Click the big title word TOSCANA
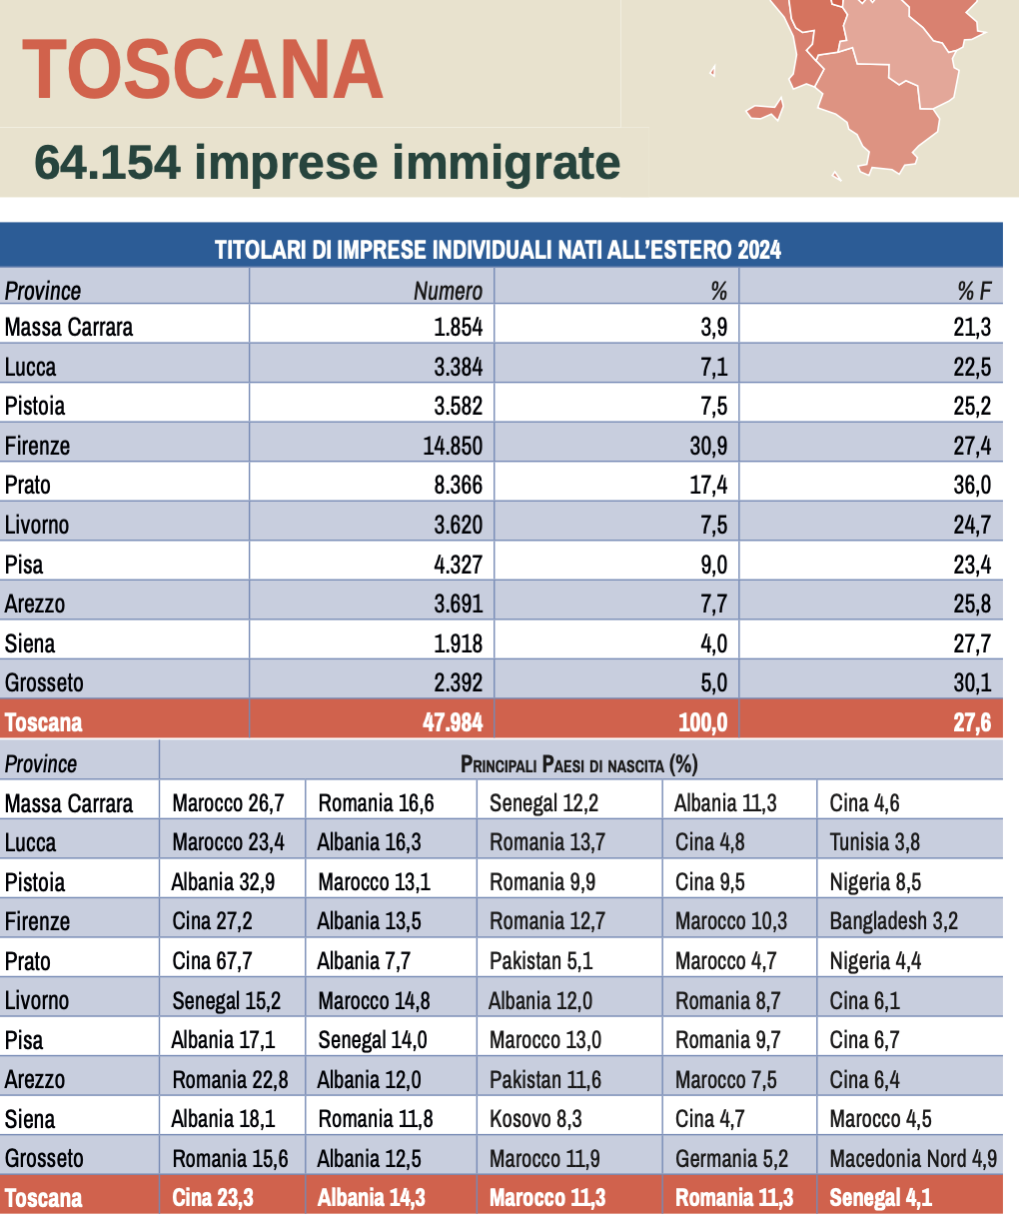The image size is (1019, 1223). pos(203,70)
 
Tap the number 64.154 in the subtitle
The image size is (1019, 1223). pos(108,163)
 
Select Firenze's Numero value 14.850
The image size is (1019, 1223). pos(453,446)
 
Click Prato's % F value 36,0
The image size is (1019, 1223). pos(971,486)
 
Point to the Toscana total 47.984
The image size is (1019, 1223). pos(453,722)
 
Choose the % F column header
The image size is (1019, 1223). pos(974,291)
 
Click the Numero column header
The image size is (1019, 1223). pos(448,291)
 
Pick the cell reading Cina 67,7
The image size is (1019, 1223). pos(212,961)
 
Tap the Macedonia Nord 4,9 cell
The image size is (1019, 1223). pos(913,1159)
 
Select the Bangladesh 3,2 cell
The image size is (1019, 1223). pos(893,921)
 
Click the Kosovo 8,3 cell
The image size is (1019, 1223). pos(535,1119)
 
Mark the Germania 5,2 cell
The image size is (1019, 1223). pos(731,1159)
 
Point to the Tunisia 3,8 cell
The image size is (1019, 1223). pos(874,842)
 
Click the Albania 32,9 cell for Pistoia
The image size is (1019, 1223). pos(223,882)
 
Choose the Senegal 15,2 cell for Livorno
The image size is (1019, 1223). pos(226,1001)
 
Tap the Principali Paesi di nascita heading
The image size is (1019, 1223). pos(578,764)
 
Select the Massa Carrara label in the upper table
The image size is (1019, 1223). pos(69,328)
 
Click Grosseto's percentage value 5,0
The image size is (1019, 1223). pos(713,683)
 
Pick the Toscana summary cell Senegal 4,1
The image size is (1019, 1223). pos(880,1198)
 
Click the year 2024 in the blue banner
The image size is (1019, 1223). pos(759,250)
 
